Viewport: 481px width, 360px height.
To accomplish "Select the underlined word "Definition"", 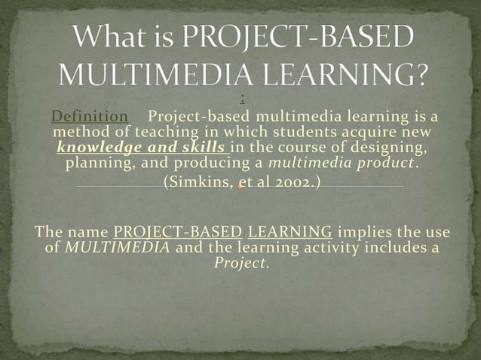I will coord(89,117).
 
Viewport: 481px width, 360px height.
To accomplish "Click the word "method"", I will coord(81,132).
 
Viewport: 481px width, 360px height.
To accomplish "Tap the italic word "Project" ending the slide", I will coord(240,263).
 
